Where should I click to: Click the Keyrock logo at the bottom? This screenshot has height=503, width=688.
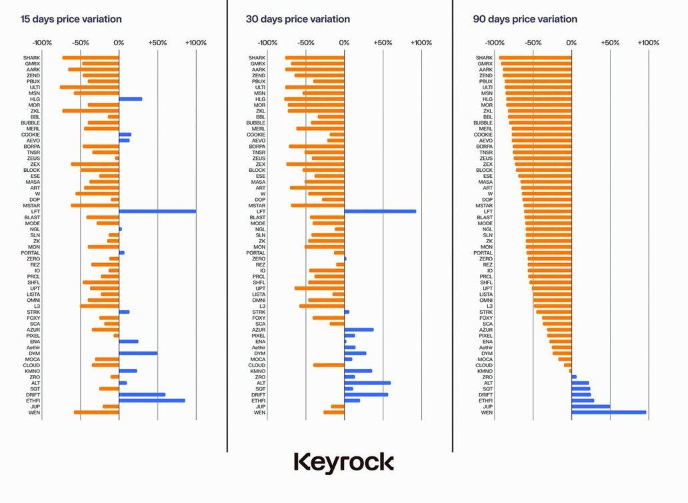tap(343, 462)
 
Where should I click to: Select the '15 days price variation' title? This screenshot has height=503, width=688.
tap(71, 19)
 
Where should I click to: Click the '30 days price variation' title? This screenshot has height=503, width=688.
tap(298, 19)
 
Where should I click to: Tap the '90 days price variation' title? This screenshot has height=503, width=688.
tap(525, 19)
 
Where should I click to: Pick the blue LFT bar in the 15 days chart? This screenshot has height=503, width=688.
tap(157, 211)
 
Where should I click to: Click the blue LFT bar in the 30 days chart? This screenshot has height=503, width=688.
tap(380, 211)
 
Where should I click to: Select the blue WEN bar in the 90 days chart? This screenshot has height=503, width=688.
tap(609, 412)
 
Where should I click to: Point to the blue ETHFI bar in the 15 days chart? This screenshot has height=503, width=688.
tap(152, 400)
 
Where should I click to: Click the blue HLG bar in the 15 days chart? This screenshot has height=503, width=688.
tap(131, 99)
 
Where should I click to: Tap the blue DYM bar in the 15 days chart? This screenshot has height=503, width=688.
tap(138, 353)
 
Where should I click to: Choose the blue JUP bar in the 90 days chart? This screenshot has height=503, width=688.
tap(591, 406)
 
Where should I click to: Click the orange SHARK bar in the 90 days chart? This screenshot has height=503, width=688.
tap(535, 57)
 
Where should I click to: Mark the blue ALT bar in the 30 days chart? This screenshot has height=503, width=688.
tap(367, 383)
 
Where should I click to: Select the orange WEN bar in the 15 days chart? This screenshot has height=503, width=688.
tap(97, 412)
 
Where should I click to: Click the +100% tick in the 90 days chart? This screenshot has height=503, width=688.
tap(648, 43)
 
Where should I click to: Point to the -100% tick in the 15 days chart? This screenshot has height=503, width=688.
tap(42, 43)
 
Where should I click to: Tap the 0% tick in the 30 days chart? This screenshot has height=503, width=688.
tap(345, 43)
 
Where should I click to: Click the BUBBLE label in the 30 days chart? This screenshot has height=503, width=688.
tap(255, 123)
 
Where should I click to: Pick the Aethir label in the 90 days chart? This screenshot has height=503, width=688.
tap(485, 347)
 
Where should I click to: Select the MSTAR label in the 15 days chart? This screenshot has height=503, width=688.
tap(31, 205)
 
